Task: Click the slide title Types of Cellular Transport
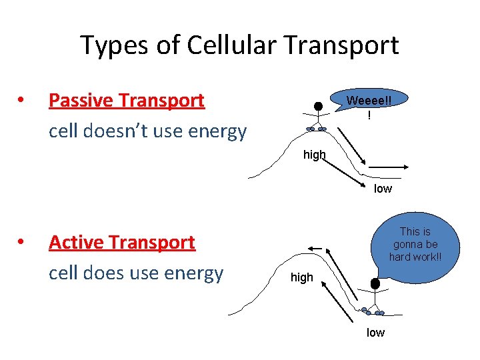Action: point(239,45)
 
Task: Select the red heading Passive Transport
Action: point(127,101)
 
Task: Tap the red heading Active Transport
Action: point(122,242)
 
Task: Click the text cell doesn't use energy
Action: point(147,131)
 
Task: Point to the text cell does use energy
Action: point(136,273)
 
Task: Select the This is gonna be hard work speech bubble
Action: point(415,244)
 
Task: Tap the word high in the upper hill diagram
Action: point(314,155)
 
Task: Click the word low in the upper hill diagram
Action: point(383,189)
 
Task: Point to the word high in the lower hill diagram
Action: point(301,277)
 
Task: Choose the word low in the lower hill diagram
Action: point(375,333)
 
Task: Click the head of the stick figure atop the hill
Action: point(319,106)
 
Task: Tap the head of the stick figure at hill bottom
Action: point(375,284)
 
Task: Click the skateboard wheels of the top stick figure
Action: point(315,129)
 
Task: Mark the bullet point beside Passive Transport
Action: point(21,101)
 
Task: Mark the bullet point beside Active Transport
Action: point(21,243)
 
